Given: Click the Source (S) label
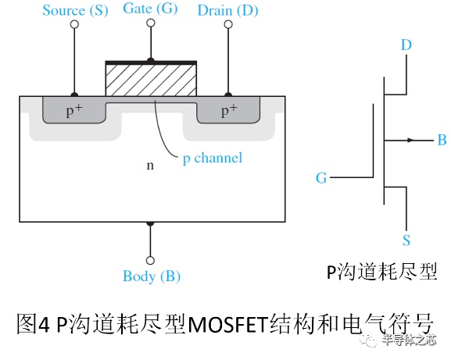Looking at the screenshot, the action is click(75, 11).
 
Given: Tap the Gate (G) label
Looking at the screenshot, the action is click(150, 9).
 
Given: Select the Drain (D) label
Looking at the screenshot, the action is click(227, 11).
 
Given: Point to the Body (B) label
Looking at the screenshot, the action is click(152, 276).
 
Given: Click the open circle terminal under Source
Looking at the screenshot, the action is click(74, 24).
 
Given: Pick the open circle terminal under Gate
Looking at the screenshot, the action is click(151, 23).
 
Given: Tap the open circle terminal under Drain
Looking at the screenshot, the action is click(228, 24).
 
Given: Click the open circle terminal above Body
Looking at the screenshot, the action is click(150, 260).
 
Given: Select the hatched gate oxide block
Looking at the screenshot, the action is click(151, 80).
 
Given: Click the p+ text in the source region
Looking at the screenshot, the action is click(74, 110).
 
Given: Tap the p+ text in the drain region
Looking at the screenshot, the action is click(229, 110).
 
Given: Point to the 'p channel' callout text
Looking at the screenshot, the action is click(213, 159).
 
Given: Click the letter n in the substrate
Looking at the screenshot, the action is click(150, 166).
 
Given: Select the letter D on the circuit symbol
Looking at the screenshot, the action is click(406, 45).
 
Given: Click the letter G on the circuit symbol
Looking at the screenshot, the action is click(321, 178).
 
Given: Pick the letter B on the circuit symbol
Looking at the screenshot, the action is click(442, 141).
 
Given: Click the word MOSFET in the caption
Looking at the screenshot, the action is click(228, 325).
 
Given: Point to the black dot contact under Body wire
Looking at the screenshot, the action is click(150, 223).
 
